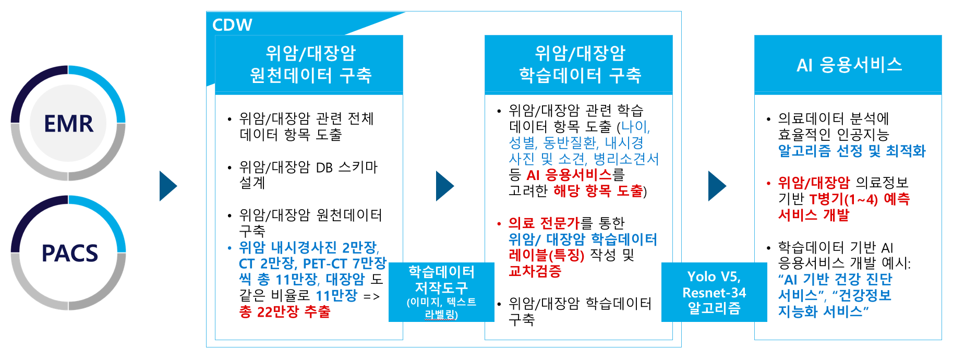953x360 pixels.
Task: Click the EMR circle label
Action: point(68,124)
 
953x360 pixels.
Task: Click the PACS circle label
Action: point(69,254)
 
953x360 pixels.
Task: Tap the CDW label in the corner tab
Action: point(232,25)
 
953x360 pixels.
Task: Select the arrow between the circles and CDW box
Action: point(167,186)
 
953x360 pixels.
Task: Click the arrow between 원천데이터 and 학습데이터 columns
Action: point(444,186)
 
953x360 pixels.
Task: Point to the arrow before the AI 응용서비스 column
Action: point(717,186)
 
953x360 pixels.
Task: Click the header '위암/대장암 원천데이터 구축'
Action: point(310,64)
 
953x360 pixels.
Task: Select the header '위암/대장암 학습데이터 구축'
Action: point(579,64)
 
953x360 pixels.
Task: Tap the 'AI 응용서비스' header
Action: point(849,65)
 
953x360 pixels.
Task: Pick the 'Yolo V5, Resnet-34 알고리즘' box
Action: point(714,292)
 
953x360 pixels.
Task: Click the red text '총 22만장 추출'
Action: point(285,312)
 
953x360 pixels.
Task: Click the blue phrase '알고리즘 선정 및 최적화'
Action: point(851,151)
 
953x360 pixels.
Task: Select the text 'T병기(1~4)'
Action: point(843,199)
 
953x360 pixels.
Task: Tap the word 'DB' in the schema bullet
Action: point(324,167)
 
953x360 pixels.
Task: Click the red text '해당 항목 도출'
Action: point(598,191)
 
